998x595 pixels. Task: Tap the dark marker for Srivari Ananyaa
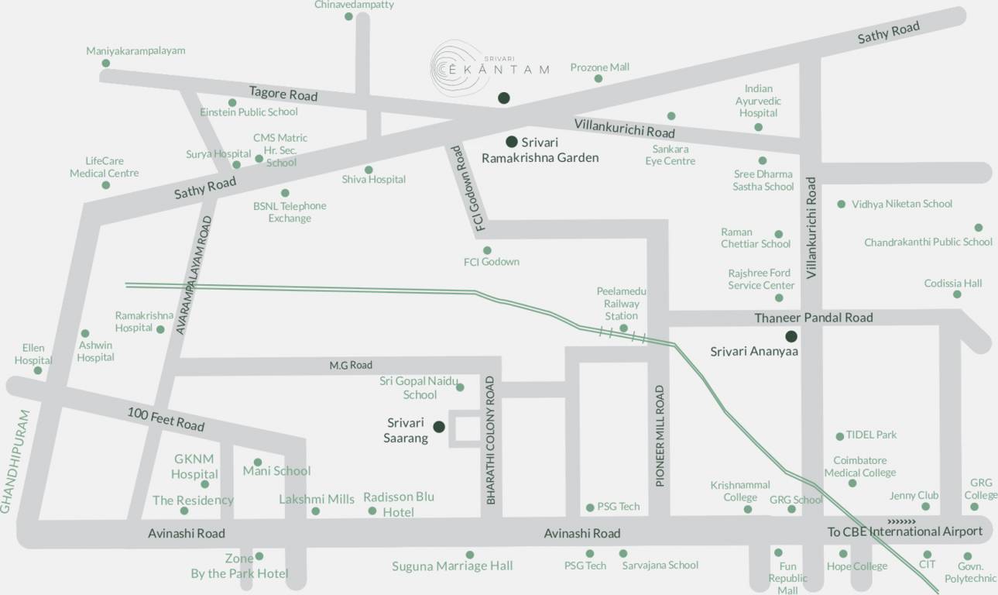791,336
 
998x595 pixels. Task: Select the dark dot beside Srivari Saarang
439,427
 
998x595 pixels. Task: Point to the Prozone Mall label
599,67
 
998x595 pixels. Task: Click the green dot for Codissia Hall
957,294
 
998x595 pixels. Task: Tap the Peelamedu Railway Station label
621,303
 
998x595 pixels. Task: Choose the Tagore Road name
283,94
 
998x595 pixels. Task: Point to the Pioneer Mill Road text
660,436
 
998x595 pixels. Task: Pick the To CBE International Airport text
904,531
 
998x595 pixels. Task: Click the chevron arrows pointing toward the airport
901,521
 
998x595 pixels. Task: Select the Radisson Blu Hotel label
399,504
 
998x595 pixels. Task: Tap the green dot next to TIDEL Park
839,436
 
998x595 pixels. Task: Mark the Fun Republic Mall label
787,578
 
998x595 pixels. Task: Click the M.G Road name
351,365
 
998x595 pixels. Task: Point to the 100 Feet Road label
166,419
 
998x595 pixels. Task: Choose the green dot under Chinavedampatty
348,16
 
